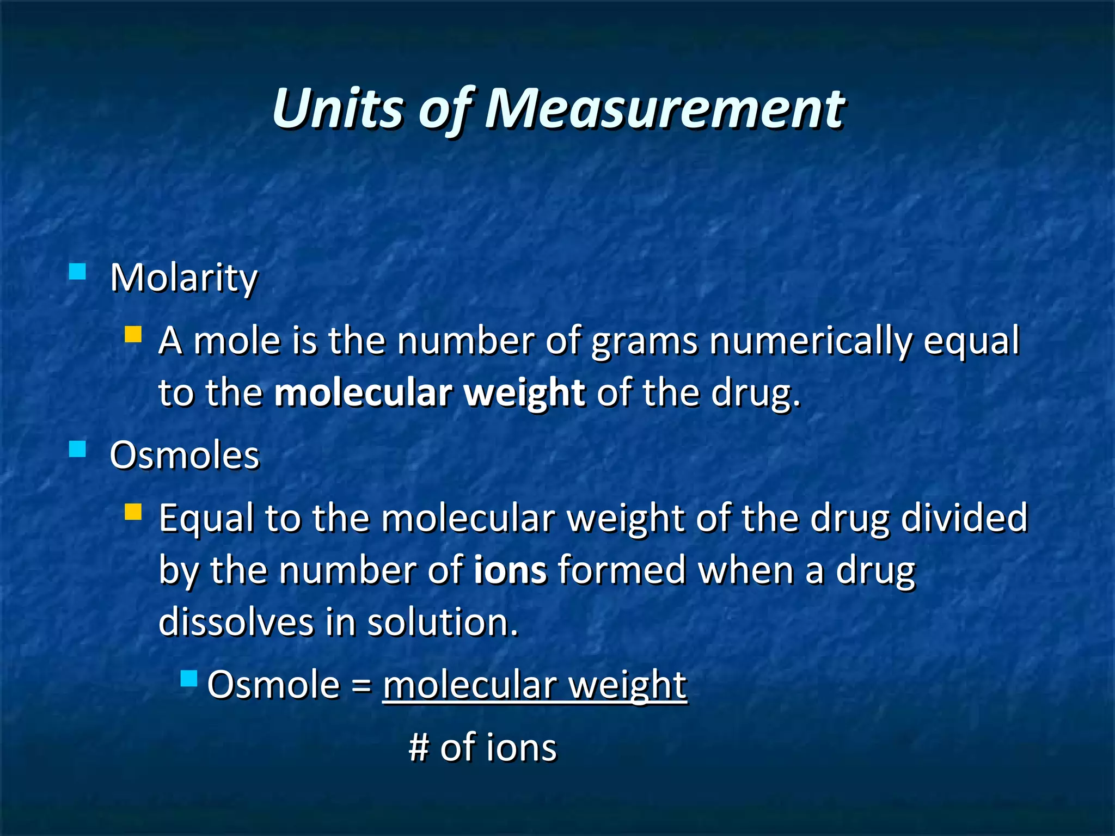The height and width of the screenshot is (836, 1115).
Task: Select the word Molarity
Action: [183, 278]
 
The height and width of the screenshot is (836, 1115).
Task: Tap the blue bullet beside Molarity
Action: [78, 271]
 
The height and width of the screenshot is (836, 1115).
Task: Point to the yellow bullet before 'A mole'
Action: [133, 334]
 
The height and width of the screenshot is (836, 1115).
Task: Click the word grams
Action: [644, 341]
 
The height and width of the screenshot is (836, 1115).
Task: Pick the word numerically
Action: [810, 341]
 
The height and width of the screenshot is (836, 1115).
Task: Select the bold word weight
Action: [524, 393]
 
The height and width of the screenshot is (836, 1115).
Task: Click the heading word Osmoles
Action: [185, 455]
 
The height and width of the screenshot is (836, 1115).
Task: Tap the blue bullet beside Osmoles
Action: [78, 449]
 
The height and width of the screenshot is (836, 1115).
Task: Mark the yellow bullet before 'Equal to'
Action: [133, 512]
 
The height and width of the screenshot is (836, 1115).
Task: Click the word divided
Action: [964, 518]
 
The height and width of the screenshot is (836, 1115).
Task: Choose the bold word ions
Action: [510, 570]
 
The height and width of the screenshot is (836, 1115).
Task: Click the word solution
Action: [442, 622]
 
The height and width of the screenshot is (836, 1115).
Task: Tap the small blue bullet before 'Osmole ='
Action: [189, 678]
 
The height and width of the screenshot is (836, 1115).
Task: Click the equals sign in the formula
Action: [362, 685]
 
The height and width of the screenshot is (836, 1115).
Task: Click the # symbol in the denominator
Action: [419, 747]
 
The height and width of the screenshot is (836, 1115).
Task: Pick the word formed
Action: [622, 570]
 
